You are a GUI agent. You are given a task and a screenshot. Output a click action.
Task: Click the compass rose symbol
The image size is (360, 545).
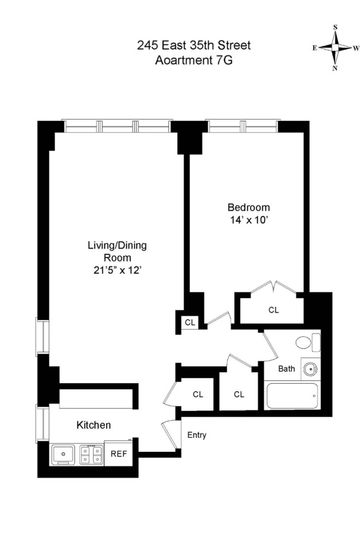(335, 47)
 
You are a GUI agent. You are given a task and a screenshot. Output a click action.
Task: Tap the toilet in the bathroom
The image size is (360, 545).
(308, 342)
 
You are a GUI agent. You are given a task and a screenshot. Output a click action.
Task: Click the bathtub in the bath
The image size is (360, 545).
(292, 396)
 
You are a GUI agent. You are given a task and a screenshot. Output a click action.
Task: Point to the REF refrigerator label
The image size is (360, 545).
(119, 453)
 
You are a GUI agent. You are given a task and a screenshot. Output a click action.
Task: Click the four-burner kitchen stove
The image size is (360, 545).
(91, 455)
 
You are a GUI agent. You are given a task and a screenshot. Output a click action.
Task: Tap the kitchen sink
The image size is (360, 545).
(63, 455)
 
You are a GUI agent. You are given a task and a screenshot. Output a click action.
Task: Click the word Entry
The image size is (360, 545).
(197, 435)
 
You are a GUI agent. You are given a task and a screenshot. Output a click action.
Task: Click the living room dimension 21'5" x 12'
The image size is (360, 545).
(117, 270)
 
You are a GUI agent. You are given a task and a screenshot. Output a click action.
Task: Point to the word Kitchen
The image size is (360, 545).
(94, 425)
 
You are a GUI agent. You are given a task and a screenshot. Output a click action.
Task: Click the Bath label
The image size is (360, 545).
(286, 368)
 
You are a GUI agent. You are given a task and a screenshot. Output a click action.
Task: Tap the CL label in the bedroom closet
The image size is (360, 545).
(274, 310)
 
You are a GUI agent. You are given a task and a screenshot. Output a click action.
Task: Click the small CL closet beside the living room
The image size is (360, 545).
(190, 322)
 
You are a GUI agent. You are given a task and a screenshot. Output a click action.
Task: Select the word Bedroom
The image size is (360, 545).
(249, 208)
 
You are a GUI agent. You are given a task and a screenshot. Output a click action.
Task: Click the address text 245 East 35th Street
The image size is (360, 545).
(194, 45)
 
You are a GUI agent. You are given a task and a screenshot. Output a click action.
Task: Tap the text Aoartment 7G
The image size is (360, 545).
(194, 60)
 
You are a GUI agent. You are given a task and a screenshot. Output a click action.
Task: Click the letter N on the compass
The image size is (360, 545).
(335, 69)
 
